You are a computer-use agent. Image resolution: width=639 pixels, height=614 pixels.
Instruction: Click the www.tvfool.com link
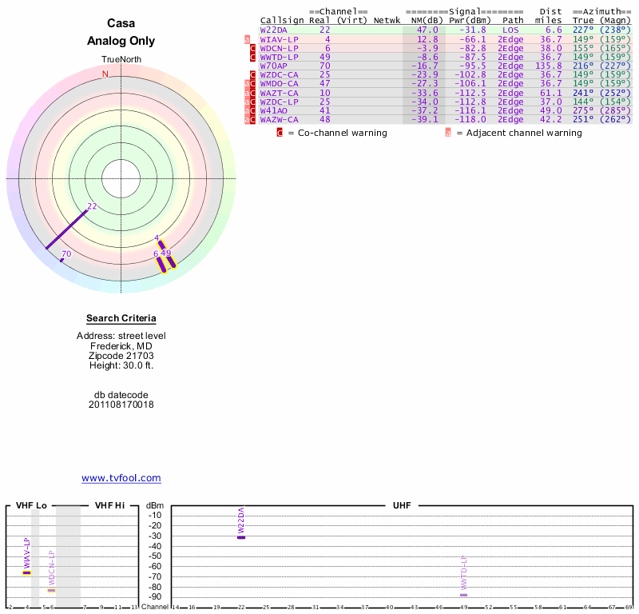point(121,478)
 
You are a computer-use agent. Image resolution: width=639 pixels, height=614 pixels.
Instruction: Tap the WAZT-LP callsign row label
point(279,92)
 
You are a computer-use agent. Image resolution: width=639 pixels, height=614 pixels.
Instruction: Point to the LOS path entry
point(510,30)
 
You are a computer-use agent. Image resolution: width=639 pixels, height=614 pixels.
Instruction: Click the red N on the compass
point(105,74)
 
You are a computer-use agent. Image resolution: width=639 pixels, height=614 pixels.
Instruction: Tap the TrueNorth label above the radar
point(121,60)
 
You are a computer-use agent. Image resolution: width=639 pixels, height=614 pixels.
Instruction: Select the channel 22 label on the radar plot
point(92,206)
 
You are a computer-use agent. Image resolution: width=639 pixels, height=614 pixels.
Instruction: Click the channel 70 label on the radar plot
point(66,253)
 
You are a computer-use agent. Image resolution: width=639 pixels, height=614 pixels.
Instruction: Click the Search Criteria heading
point(121,319)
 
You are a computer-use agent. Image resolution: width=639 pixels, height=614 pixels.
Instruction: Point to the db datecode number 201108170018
point(121,405)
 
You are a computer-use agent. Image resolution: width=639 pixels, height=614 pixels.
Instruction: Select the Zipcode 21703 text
point(121,356)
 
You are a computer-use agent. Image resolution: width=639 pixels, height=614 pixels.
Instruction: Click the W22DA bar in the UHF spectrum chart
point(241,536)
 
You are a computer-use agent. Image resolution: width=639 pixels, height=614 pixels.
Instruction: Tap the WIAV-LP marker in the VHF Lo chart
point(26,572)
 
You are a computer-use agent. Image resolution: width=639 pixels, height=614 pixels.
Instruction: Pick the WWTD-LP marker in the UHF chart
point(463,595)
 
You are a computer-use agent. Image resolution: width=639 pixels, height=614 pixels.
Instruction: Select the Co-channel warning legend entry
point(331,133)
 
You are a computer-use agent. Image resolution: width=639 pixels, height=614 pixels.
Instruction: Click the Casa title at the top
point(121,23)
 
